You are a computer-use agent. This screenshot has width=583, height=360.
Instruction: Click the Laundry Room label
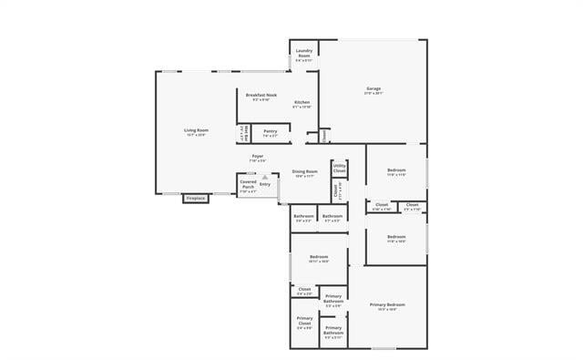(304, 52)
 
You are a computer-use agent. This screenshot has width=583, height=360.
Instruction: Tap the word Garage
(373, 88)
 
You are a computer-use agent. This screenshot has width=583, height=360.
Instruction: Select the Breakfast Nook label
(261, 95)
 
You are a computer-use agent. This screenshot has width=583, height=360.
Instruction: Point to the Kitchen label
(302, 102)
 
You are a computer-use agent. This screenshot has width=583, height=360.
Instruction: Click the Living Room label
(196, 130)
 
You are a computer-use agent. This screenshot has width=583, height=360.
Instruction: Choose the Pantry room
(270, 131)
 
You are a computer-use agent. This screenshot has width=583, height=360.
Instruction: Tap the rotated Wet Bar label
(243, 133)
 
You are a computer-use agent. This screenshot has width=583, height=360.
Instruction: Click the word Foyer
(258, 157)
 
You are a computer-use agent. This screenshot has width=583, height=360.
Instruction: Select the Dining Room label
(304, 171)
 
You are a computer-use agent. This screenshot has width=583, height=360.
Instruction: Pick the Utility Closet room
(339, 169)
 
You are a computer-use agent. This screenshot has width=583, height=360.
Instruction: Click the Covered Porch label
(248, 185)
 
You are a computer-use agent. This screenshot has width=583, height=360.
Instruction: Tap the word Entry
(265, 185)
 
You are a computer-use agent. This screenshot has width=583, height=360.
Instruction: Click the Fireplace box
(195, 198)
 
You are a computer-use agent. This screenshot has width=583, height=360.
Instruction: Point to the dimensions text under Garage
(373, 94)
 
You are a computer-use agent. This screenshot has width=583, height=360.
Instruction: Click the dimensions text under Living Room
(196, 135)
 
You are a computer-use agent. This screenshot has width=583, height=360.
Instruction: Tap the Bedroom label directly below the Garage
(396, 170)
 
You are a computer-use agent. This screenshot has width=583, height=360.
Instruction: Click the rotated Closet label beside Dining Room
(335, 191)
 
